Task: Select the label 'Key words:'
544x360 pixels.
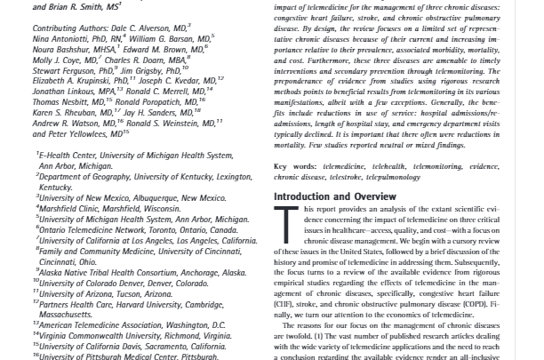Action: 296,165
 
